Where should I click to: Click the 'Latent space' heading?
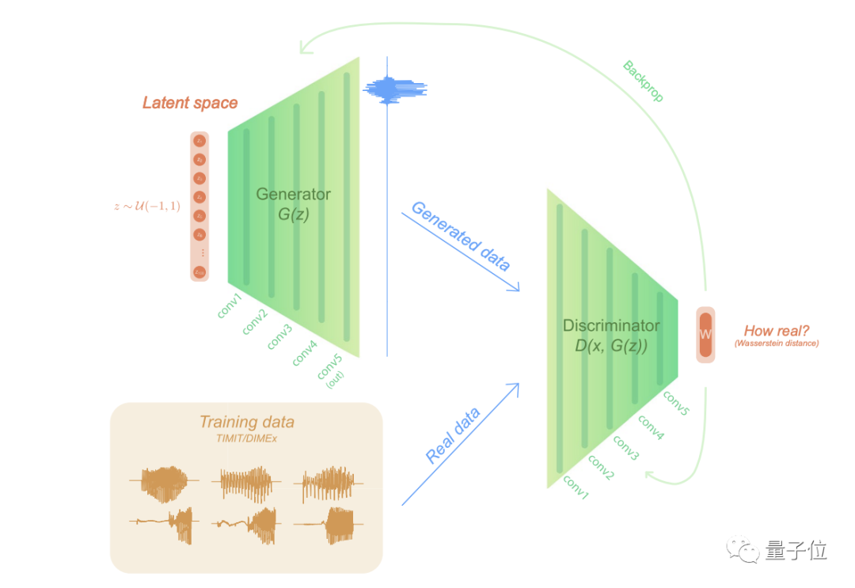tap(190, 103)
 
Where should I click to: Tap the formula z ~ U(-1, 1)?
tap(147, 207)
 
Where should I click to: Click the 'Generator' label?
tap(293, 194)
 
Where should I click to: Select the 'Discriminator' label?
tap(610, 325)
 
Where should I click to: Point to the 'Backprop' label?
tap(643, 82)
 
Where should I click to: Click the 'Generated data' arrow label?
tap(460, 236)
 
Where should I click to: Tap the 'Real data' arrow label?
tap(453, 436)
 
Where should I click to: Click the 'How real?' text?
tap(776, 331)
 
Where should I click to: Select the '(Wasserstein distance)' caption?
tap(776, 343)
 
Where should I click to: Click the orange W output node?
tap(705, 335)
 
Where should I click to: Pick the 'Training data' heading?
tap(246, 422)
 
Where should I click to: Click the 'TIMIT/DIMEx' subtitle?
tap(246, 438)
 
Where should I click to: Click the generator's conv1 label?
tap(230, 305)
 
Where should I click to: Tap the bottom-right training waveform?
tap(329, 524)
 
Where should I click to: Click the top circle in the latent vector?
tap(200, 141)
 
